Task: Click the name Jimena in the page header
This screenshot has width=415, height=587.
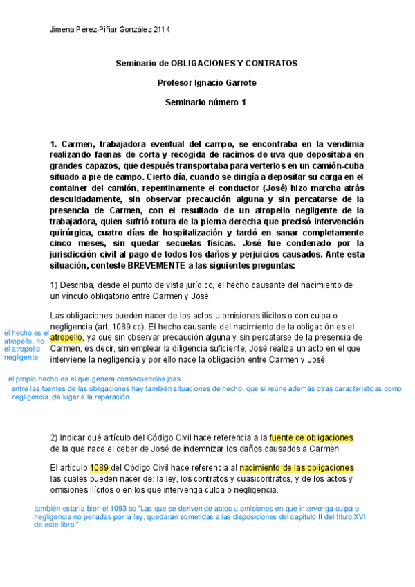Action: [64, 30]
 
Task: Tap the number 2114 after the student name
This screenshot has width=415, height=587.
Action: [162, 30]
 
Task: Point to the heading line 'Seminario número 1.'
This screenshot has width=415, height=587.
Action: [207, 102]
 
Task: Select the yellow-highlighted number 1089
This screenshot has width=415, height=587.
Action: [100, 468]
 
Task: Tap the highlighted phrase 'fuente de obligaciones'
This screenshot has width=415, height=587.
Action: [311, 437]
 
